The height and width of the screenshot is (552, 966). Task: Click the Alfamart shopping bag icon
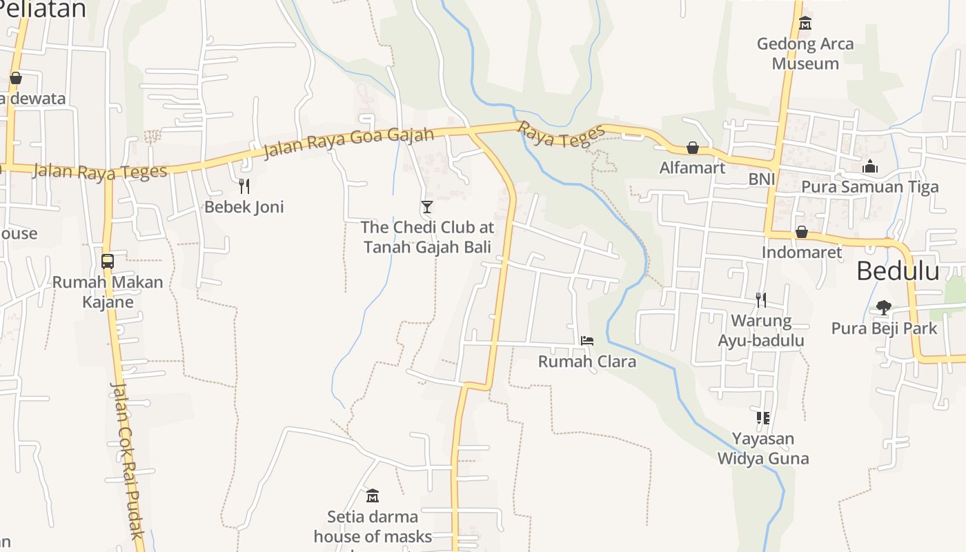(693, 148)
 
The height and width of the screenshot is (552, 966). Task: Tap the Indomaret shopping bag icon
(802, 232)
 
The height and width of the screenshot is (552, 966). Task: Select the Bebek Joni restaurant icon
(244, 186)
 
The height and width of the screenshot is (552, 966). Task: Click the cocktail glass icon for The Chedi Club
(427, 206)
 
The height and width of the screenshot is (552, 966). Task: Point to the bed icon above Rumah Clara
(587, 340)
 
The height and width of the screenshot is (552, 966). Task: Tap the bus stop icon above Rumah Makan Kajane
(108, 261)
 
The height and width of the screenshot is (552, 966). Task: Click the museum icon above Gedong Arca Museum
(805, 24)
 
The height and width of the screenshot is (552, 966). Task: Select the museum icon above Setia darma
(373, 495)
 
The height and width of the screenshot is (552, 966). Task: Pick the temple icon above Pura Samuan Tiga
(870, 166)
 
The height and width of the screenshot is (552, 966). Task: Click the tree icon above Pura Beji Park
(884, 307)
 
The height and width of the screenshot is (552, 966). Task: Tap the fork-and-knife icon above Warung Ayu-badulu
(761, 300)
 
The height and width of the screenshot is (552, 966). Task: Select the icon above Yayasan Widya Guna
(762, 418)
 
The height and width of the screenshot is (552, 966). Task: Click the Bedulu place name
(898, 271)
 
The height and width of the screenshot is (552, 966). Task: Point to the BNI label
(762, 179)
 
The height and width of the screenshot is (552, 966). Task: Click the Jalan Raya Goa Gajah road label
(348, 143)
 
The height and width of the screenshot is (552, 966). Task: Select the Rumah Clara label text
(587, 362)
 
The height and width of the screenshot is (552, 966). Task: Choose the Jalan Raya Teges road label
(100, 171)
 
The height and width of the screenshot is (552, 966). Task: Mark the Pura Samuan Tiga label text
(870, 187)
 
